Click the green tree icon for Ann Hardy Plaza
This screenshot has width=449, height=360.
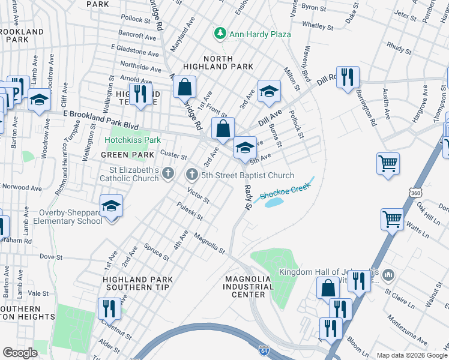[x=220, y=34]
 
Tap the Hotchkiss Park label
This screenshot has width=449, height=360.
[x=133, y=140]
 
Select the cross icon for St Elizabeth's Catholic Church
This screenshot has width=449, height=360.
[x=168, y=175]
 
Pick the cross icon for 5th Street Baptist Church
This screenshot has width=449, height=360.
[x=192, y=175]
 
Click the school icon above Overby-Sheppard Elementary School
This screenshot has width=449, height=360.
[x=111, y=206]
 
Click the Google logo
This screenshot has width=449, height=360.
[x=20, y=352]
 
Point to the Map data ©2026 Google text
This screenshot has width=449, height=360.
[x=411, y=355]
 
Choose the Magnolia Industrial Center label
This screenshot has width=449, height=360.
[x=248, y=287]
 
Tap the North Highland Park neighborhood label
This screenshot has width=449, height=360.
[x=226, y=62]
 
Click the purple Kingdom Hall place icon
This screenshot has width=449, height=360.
[x=388, y=275]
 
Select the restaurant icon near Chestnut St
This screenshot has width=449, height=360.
[x=109, y=309]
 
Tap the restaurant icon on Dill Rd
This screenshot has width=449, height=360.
[x=348, y=77]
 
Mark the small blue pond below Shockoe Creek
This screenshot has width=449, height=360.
[x=273, y=203]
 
